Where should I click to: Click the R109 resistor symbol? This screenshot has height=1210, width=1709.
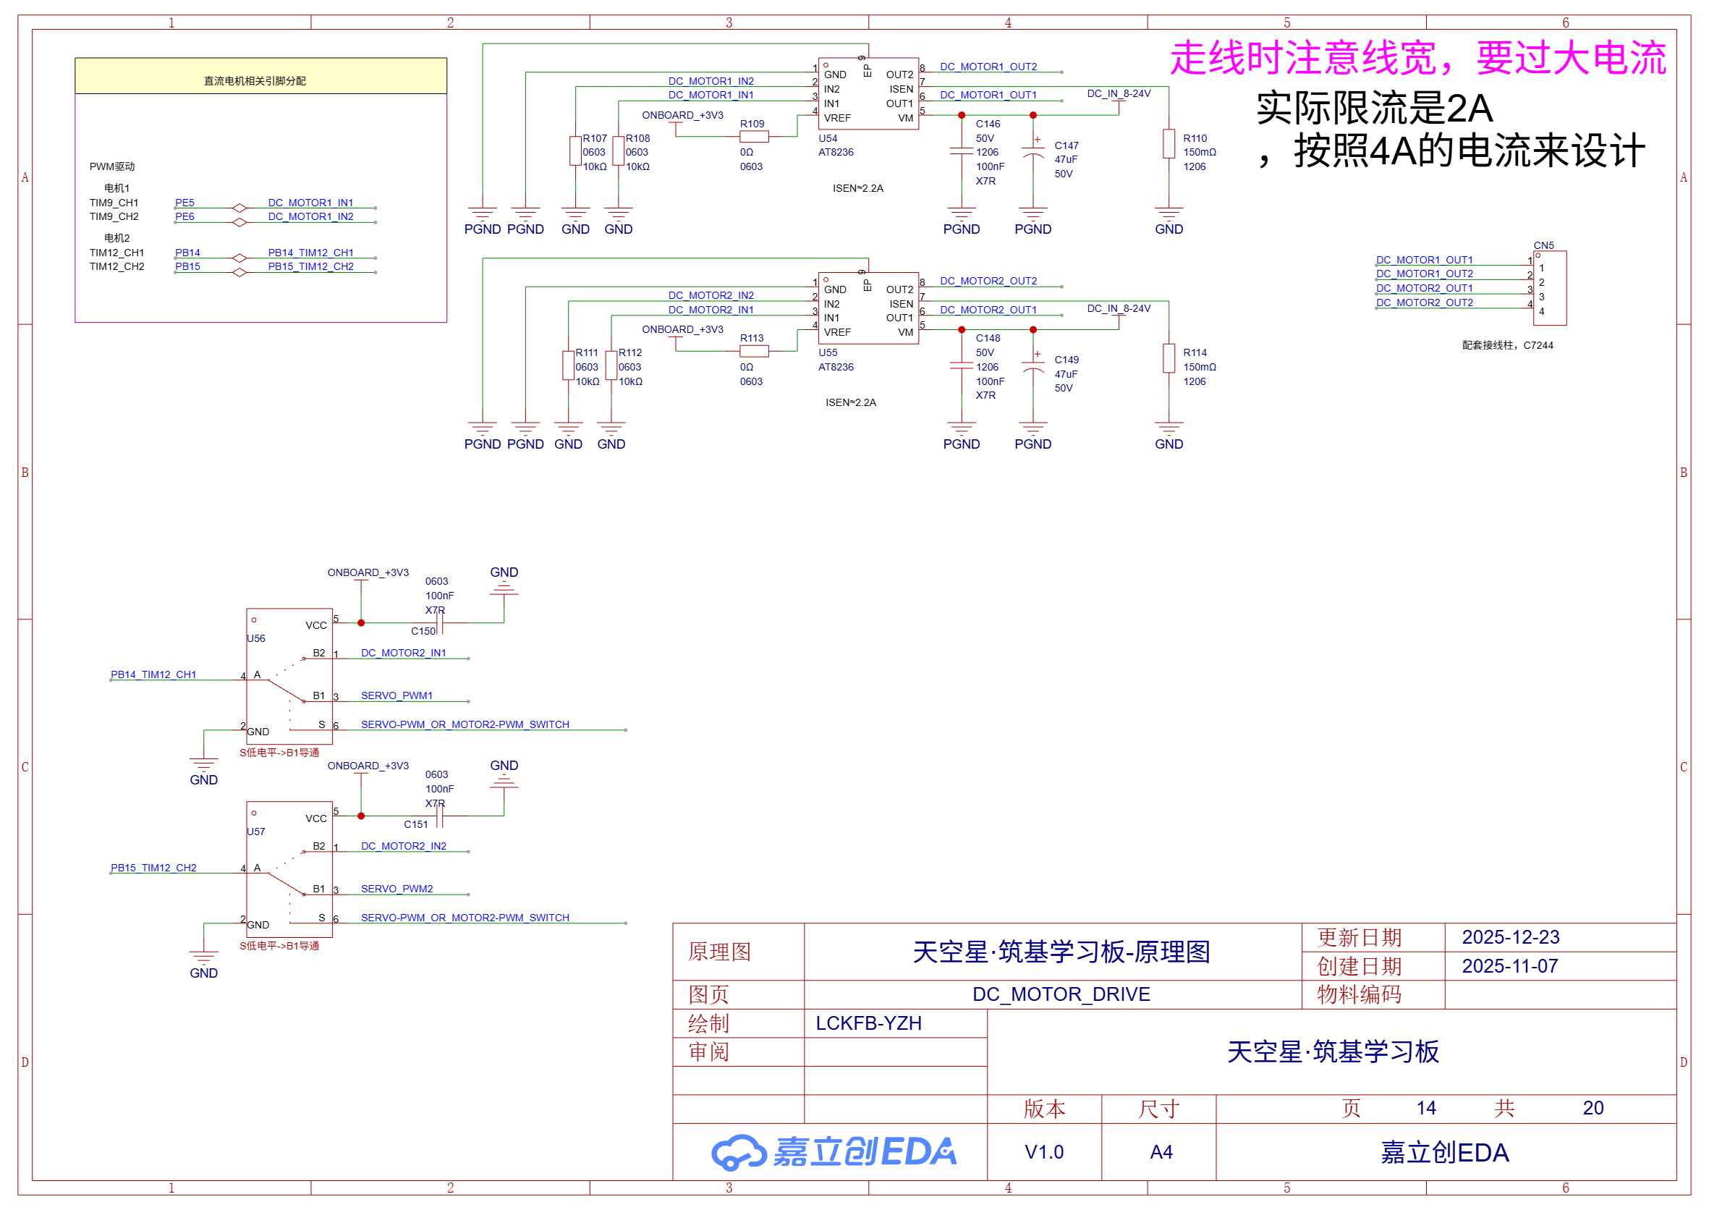click(754, 137)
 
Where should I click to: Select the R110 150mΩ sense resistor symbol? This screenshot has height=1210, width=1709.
click(1169, 144)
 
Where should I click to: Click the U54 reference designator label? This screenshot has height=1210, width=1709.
click(828, 138)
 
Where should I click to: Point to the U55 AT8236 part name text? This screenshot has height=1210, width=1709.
click(836, 368)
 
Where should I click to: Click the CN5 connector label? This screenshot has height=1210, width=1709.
click(1543, 245)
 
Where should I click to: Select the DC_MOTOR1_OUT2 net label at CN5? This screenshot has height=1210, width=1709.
click(1425, 274)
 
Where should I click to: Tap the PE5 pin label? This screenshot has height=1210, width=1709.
click(185, 203)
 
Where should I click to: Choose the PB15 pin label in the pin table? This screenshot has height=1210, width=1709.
click(187, 267)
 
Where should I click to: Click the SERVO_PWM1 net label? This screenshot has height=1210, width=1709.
click(396, 696)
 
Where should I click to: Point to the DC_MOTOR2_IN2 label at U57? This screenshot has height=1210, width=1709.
click(404, 847)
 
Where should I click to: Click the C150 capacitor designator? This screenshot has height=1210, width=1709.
click(423, 632)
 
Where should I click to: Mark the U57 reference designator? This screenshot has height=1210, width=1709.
click(255, 832)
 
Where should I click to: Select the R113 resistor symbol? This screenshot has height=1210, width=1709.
click(754, 352)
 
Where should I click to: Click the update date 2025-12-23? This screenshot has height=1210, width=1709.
click(1510, 937)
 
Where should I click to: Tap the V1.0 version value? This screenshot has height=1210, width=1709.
click(1044, 1153)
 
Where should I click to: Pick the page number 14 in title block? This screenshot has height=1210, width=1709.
click(1426, 1109)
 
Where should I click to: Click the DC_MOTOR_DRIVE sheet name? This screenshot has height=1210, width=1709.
click(1061, 994)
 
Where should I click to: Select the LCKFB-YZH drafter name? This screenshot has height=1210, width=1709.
click(869, 1024)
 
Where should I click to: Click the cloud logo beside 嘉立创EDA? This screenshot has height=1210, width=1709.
click(737, 1153)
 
